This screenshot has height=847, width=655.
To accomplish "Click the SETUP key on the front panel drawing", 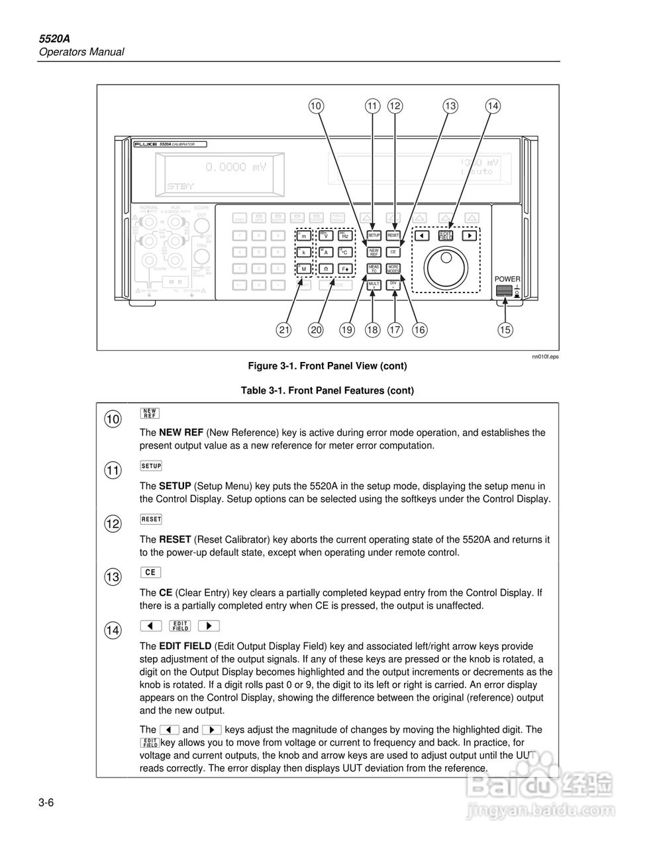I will [374, 235].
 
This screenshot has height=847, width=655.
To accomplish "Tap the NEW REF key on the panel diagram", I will [374, 252].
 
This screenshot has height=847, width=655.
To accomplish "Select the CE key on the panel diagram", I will [393, 252].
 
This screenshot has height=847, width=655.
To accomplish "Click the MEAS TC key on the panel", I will [374, 269].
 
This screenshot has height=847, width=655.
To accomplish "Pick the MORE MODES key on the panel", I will [393, 269].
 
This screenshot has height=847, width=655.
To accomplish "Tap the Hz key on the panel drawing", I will [345, 235].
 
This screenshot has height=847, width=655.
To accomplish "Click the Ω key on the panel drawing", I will [325, 269].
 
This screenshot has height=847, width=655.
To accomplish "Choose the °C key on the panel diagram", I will [345, 252].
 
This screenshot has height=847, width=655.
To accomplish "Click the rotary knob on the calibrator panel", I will [442, 266].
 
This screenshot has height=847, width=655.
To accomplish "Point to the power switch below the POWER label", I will [505, 293].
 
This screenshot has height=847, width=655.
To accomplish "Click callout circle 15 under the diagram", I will [505, 330].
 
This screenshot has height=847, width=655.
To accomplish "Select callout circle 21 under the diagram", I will [284, 330].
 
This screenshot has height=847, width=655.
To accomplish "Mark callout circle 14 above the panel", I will [493, 106].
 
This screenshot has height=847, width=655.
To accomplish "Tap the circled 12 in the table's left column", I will [113, 524].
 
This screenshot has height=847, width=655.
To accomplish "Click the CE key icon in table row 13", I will [150, 572].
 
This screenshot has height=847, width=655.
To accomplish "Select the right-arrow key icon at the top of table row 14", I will [209, 625].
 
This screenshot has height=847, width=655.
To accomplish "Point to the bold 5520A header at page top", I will [53, 38].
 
